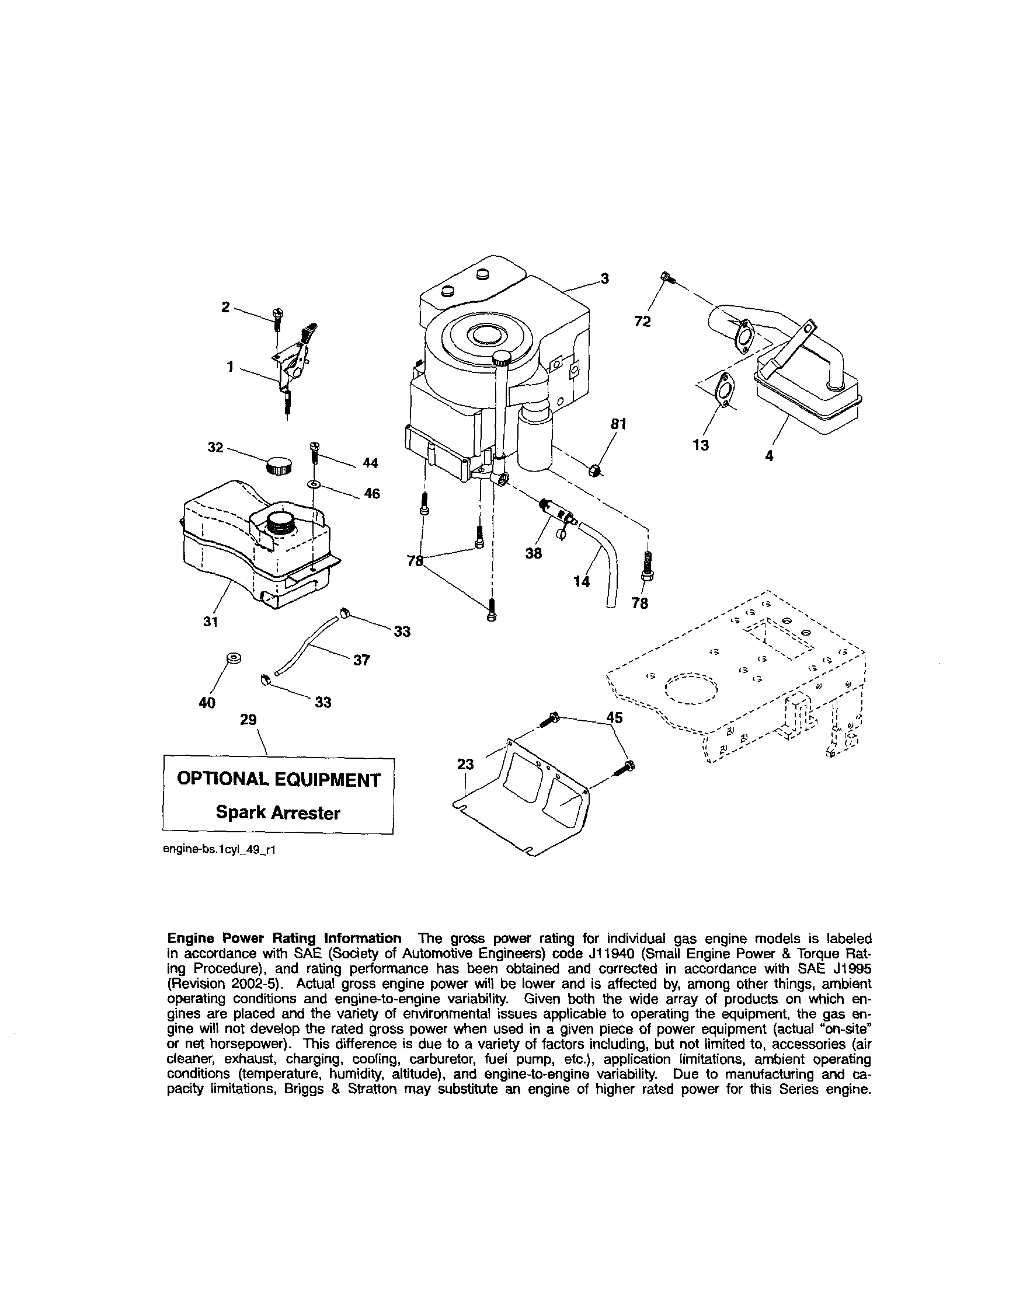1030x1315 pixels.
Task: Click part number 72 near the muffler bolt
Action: point(642,322)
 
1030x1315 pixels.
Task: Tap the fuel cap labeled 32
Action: point(279,466)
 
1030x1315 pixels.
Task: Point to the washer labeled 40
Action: point(233,658)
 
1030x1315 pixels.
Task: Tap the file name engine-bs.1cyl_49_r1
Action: point(220,849)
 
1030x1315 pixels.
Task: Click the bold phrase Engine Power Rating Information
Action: point(284,939)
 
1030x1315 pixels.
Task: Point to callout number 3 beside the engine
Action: point(604,278)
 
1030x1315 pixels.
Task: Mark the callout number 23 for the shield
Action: point(465,764)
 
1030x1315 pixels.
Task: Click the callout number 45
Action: point(614,717)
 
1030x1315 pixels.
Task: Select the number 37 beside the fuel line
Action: point(361,660)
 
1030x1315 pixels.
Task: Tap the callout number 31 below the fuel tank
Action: point(210,622)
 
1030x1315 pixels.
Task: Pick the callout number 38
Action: point(533,553)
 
